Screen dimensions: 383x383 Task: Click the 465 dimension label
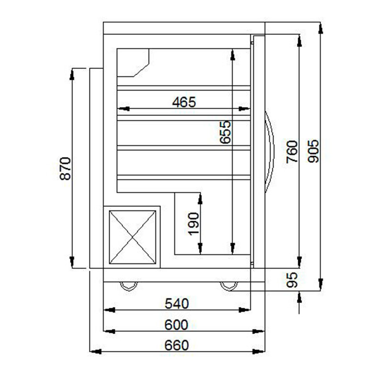[x=184, y=102]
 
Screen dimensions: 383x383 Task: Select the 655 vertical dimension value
[x=225, y=132]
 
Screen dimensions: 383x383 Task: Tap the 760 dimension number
[x=292, y=151]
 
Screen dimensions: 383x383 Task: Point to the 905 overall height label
[x=313, y=151]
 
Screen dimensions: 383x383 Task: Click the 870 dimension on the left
[x=66, y=169]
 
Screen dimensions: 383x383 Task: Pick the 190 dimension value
[x=194, y=224]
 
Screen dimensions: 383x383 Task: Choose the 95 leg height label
[x=292, y=280]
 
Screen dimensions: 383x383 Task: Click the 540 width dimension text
[x=177, y=304]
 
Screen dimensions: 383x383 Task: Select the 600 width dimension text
[x=176, y=325]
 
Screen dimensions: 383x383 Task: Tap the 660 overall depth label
[x=176, y=346]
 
